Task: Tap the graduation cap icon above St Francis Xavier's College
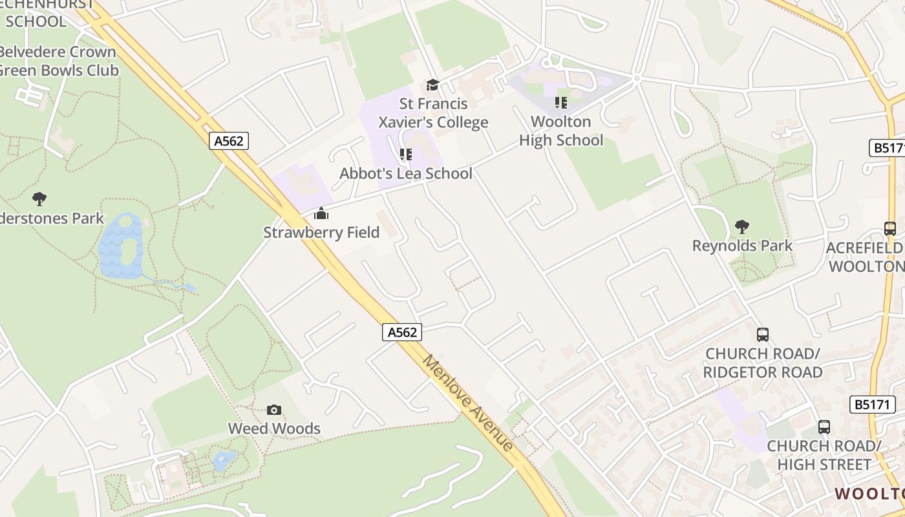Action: (x=432, y=85)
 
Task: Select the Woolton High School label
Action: (x=561, y=131)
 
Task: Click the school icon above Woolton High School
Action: (x=560, y=103)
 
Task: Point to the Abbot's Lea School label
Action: (x=406, y=173)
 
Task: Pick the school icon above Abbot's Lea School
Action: (x=405, y=154)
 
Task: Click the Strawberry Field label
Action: (x=321, y=232)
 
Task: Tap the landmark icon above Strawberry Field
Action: (x=321, y=213)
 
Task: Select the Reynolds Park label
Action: (x=742, y=246)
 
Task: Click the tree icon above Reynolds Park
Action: (x=742, y=227)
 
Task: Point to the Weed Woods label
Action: (x=274, y=428)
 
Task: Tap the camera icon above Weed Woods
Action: (x=274, y=410)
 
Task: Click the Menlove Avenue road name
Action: (x=468, y=403)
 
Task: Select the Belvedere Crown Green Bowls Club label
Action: (x=58, y=61)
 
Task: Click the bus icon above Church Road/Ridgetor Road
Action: (x=763, y=335)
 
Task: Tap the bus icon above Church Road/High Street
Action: (x=824, y=427)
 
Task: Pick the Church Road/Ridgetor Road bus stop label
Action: (x=763, y=363)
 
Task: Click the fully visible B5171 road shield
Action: (x=872, y=405)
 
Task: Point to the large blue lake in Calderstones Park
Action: (x=120, y=246)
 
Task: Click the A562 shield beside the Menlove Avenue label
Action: (x=402, y=332)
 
